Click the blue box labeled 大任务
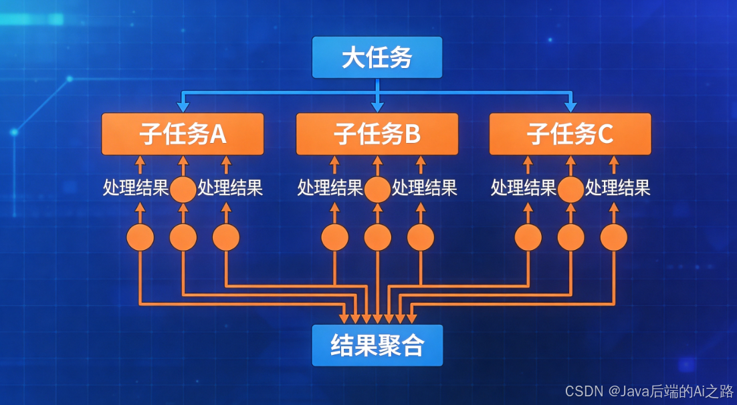coord(377,58)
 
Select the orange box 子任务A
coord(183,134)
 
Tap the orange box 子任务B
coord(377,134)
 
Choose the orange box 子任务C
coord(570,134)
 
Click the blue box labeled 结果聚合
coord(377,346)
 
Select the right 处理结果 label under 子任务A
coord(230,188)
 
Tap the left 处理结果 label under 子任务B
coord(330,188)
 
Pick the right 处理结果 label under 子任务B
coord(425,188)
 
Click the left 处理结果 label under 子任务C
coord(523,188)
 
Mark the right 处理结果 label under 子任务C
coord(618,188)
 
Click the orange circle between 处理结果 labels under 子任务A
coord(183,190)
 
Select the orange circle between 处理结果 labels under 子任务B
coord(377,190)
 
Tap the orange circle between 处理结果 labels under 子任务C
coord(570,190)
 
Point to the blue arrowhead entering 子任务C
coord(570,106)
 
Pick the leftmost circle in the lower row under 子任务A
coord(140,237)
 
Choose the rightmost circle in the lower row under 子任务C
coord(614,237)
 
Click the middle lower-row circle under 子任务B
coord(377,237)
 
